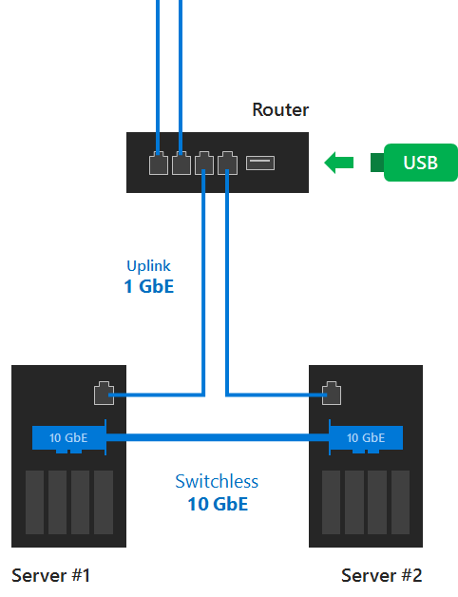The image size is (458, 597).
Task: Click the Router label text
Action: click(280, 109)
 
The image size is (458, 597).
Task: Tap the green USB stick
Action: click(414, 163)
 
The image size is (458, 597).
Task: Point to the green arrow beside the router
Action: click(339, 163)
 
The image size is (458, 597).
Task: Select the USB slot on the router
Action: click(260, 163)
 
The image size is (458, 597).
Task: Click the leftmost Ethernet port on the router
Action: click(159, 163)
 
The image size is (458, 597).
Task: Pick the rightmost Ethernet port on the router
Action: click(228, 163)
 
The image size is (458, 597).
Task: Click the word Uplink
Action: click(148, 266)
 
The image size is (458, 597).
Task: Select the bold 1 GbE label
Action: click(149, 286)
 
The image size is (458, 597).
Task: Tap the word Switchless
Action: click(217, 481)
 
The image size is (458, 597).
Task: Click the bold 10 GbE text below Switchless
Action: click(218, 504)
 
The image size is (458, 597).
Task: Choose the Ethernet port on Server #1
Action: click(104, 393)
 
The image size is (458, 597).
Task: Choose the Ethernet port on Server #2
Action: click(332, 393)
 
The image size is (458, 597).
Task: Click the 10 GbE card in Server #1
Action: click(69, 437)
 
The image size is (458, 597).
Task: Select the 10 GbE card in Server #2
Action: click(366, 437)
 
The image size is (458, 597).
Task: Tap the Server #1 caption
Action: click(50, 575)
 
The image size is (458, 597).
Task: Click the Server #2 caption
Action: click(381, 575)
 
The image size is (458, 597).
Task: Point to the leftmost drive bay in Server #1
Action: click(34, 502)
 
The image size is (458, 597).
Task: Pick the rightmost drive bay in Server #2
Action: click(400, 502)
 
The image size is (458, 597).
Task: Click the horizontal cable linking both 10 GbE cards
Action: click(218, 437)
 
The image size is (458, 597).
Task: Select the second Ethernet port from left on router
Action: click(181, 163)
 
